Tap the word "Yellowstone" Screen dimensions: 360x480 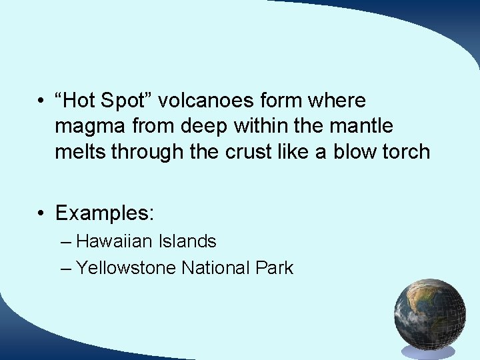click(x=126, y=268)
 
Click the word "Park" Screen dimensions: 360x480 click(x=274, y=268)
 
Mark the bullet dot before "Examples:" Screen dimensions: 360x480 click(x=41, y=214)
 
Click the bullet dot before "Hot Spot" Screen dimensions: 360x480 click(x=41, y=101)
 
